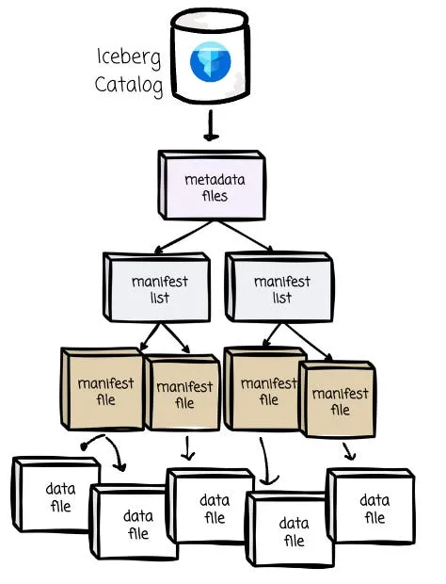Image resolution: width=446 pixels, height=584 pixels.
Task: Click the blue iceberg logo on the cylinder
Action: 210,61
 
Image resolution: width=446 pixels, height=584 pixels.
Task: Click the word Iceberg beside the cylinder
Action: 129,58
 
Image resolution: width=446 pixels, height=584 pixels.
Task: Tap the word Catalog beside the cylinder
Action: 129,85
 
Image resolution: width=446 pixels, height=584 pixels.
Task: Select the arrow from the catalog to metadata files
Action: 211,125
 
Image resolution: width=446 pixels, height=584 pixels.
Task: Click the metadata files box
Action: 212,185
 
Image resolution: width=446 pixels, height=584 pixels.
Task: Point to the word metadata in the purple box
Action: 215,180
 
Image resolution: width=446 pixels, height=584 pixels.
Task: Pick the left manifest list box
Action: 157,287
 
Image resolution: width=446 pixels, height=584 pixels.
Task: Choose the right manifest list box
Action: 279,286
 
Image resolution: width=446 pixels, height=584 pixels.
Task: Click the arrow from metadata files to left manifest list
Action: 183,237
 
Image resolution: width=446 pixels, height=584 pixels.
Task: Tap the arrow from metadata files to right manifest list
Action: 245,236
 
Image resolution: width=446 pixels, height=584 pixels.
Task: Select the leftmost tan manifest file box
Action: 102,389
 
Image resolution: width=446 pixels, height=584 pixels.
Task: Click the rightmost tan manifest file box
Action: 338,398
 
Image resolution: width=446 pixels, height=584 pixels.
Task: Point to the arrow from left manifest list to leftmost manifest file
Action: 151,336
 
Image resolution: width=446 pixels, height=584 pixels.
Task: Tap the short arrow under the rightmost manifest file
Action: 348,451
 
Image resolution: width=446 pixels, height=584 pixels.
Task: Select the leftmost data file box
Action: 56,495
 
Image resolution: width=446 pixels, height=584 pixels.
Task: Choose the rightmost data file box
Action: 371,506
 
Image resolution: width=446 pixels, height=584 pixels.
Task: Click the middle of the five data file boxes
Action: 211,506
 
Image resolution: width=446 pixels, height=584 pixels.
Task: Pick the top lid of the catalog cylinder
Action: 210,21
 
